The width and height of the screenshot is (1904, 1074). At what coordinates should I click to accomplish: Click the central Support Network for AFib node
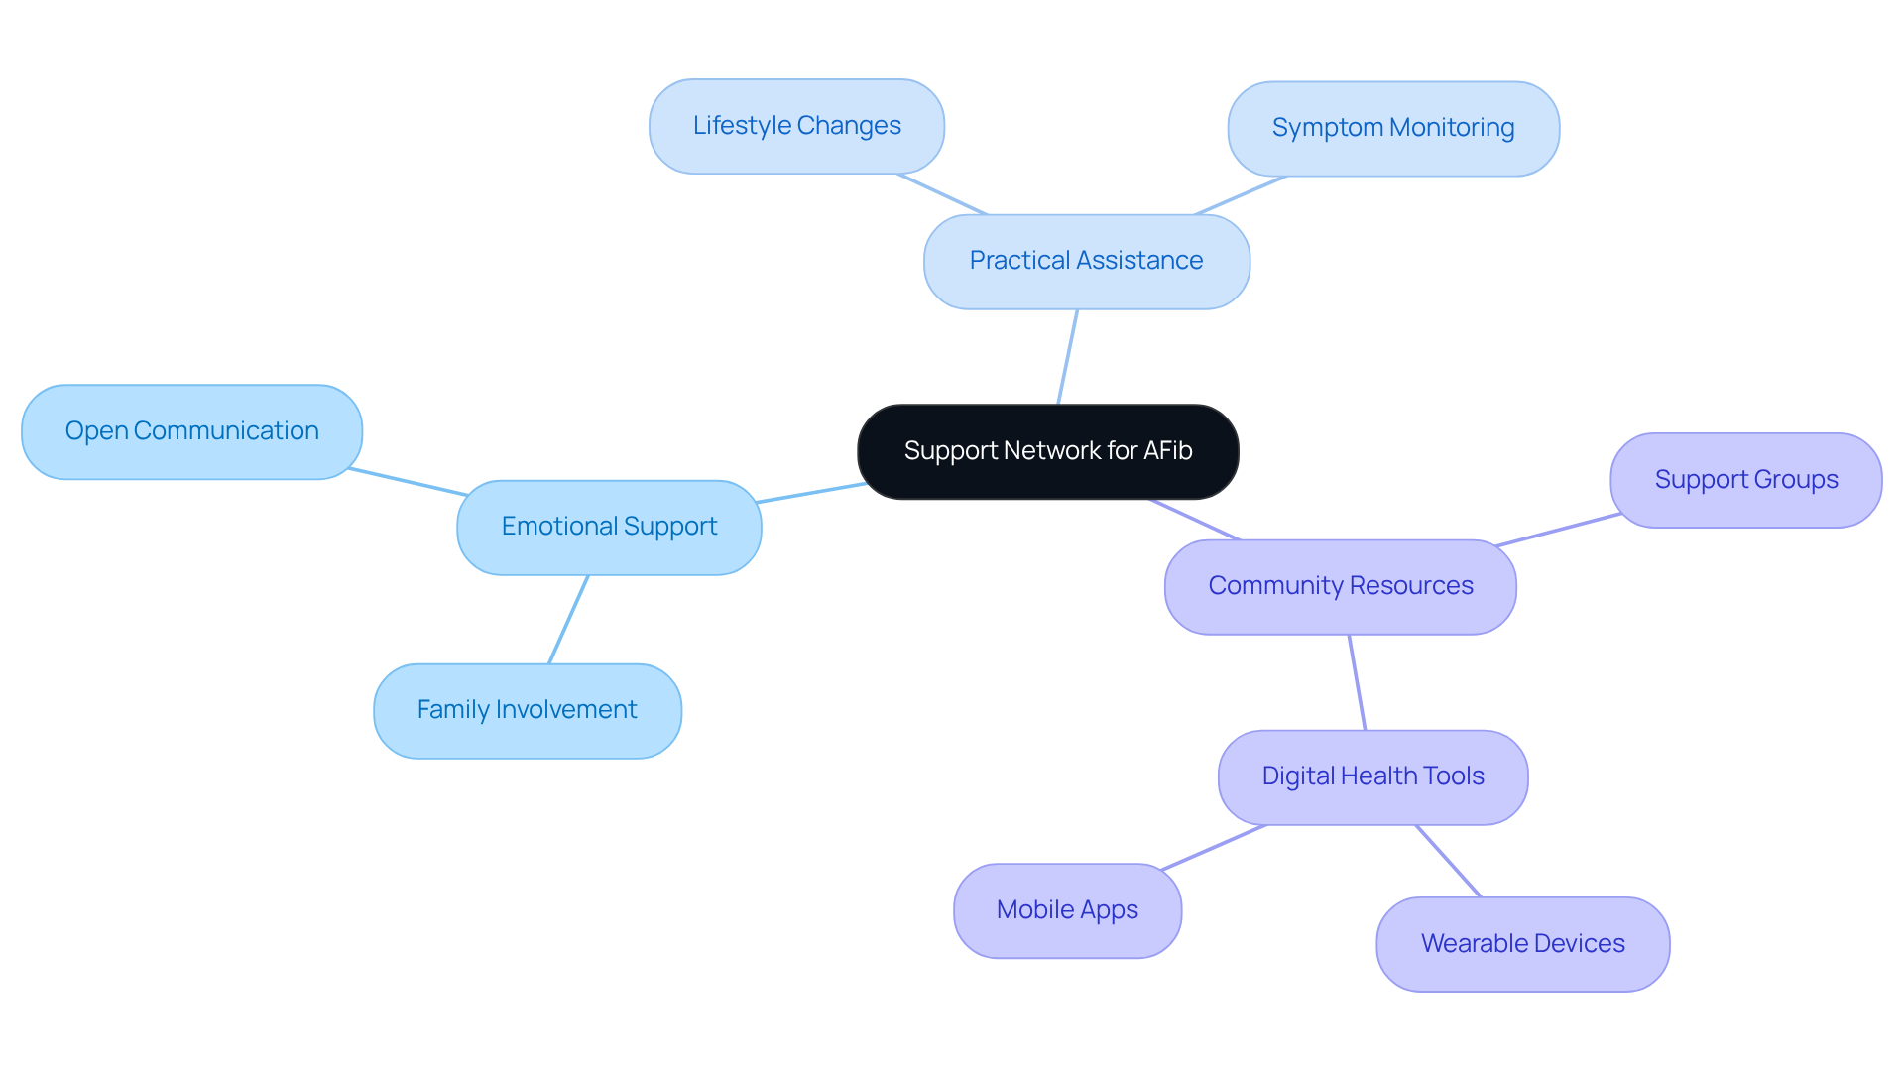pyautogui.click(x=1047, y=451)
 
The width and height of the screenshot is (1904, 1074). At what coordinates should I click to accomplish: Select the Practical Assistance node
pyautogui.click(x=1086, y=261)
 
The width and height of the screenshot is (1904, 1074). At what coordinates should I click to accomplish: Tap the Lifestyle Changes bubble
pyautogui.click(x=796, y=126)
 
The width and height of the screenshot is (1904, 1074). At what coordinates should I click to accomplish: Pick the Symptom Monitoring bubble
pyautogui.click(x=1392, y=128)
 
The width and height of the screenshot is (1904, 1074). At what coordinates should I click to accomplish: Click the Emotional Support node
pyautogui.click(x=609, y=527)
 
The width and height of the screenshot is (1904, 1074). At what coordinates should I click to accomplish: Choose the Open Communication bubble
pyautogui.click(x=191, y=431)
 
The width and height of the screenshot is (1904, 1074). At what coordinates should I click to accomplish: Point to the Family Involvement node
pyautogui.click(x=527, y=710)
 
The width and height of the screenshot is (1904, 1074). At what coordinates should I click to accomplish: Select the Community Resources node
pyautogui.click(x=1340, y=586)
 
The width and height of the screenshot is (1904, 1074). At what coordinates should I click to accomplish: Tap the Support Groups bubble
pyautogui.click(x=1745, y=480)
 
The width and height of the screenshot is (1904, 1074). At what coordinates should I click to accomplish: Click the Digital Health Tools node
pyautogui.click(x=1372, y=776)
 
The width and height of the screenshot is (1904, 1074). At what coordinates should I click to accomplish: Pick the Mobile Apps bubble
pyautogui.click(x=1067, y=910)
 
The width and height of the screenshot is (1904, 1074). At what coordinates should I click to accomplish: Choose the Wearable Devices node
pyautogui.click(x=1522, y=944)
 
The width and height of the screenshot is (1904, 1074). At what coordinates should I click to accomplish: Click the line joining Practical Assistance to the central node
pyautogui.click(x=1068, y=357)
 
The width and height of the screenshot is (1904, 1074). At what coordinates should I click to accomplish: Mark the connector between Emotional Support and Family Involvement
pyautogui.click(x=569, y=619)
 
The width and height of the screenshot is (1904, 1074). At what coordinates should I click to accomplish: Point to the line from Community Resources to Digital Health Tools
pyautogui.click(x=1358, y=682)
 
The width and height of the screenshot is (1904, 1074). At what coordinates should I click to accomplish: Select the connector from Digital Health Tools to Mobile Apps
pyautogui.click(x=1214, y=847)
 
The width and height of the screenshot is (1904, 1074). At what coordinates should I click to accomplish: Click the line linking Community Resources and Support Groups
pyautogui.click(x=1558, y=530)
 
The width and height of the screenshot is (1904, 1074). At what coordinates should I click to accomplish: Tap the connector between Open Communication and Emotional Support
pyautogui.click(x=409, y=482)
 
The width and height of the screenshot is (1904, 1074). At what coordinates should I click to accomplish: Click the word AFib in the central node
pyautogui.click(x=1167, y=451)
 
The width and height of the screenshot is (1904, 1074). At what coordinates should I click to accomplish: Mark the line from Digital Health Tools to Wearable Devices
pyautogui.click(x=1449, y=861)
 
